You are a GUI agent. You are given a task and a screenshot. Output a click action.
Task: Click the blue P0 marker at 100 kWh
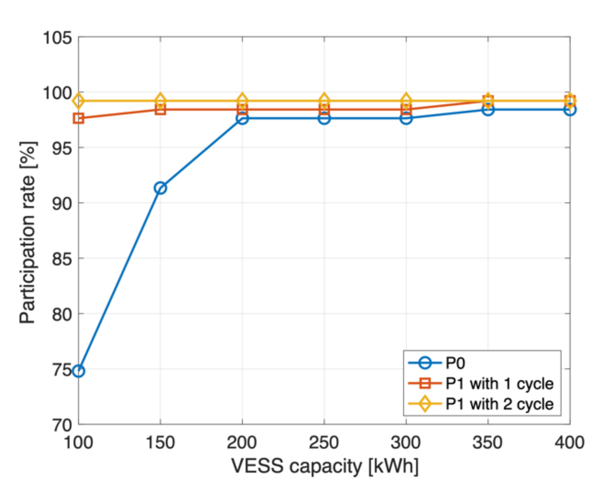(x=78, y=371)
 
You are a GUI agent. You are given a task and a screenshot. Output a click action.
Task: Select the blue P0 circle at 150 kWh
(x=160, y=188)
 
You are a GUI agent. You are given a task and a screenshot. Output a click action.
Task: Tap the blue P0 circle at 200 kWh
(x=242, y=118)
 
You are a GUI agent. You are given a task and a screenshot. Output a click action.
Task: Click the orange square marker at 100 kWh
(x=78, y=118)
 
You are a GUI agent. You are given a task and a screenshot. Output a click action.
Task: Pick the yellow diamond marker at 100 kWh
(x=78, y=100)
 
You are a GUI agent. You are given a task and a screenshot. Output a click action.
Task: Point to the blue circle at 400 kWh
(x=570, y=110)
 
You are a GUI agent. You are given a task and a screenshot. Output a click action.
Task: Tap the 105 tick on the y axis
(x=57, y=38)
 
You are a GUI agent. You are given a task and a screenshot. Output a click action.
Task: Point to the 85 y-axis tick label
(x=62, y=259)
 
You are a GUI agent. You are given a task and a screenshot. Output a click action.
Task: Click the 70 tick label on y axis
(x=62, y=425)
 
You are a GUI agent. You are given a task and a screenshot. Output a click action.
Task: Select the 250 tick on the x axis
(x=324, y=442)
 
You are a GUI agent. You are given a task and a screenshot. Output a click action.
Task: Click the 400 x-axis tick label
(x=569, y=442)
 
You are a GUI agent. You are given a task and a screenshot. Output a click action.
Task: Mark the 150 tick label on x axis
(x=160, y=442)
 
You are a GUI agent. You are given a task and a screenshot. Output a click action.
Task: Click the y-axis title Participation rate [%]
(x=28, y=232)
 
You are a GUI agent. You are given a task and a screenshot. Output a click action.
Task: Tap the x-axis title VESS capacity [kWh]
(x=325, y=466)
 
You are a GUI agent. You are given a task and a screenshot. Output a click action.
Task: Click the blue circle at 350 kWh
(x=488, y=110)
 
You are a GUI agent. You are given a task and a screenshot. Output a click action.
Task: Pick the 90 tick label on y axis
(x=62, y=203)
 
